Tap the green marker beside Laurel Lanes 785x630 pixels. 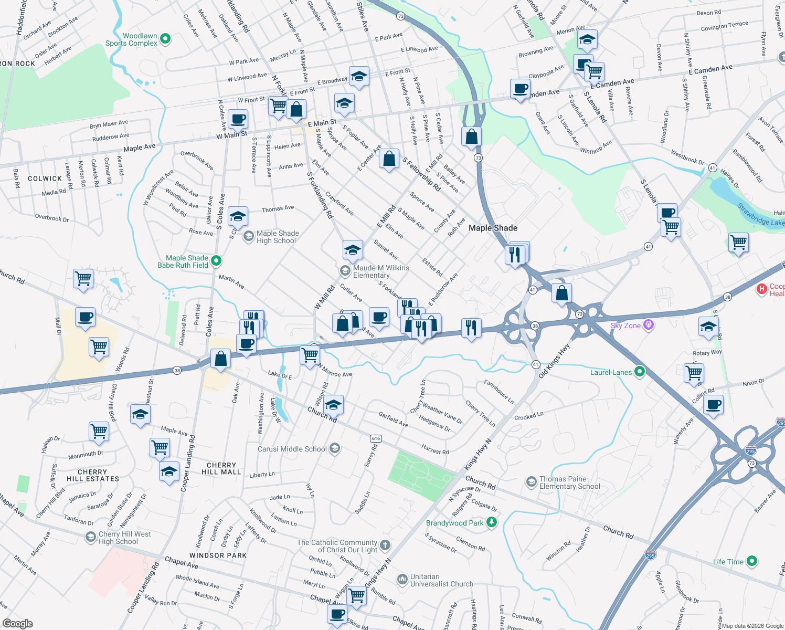point(639,372)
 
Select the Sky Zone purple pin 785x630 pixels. point(649,325)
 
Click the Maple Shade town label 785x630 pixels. point(493,228)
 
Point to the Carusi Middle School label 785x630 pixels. point(292,449)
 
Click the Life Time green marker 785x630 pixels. point(752,561)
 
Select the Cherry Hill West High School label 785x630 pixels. point(125,538)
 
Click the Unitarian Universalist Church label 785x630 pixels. point(441,580)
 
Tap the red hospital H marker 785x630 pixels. point(761,289)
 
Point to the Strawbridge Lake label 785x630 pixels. point(761,215)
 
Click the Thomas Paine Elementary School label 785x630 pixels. point(569,482)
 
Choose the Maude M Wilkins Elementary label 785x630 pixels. point(381,271)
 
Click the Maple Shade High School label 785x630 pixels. point(278,237)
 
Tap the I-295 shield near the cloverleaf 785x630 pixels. point(750,450)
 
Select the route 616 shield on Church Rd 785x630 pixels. point(375,438)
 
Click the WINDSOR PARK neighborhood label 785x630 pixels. point(218,555)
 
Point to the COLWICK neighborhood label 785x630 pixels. point(45,178)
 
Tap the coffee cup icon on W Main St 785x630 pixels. point(238,120)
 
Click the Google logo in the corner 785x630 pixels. point(17,623)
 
